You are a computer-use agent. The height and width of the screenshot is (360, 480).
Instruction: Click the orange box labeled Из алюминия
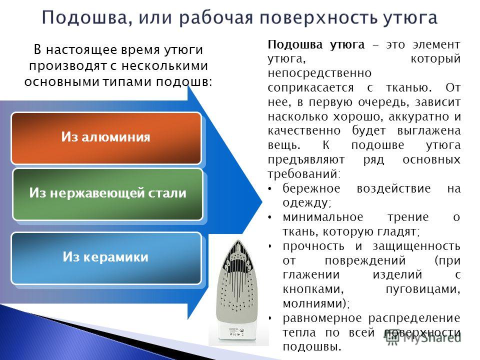(x=106, y=138)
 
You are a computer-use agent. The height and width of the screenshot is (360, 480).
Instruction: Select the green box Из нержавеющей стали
(x=108, y=194)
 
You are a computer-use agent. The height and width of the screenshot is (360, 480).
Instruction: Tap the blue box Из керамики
(x=106, y=258)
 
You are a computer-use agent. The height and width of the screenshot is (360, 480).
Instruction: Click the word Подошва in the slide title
(x=84, y=17)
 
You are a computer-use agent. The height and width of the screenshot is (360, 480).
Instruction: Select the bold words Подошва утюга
(x=316, y=45)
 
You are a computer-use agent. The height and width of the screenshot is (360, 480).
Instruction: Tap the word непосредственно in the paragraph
(x=319, y=73)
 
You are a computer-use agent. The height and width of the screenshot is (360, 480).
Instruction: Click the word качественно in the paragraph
(x=304, y=130)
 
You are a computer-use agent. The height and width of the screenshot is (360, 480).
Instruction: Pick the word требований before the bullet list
(x=304, y=174)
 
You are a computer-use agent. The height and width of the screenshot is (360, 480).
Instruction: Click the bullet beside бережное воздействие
(x=269, y=189)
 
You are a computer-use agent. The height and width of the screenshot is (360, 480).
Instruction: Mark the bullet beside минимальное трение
(x=269, y=217)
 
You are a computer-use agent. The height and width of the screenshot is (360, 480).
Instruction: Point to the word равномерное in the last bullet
(x=322, y=318)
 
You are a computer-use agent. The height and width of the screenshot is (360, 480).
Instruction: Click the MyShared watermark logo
(x=423, y=338)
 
